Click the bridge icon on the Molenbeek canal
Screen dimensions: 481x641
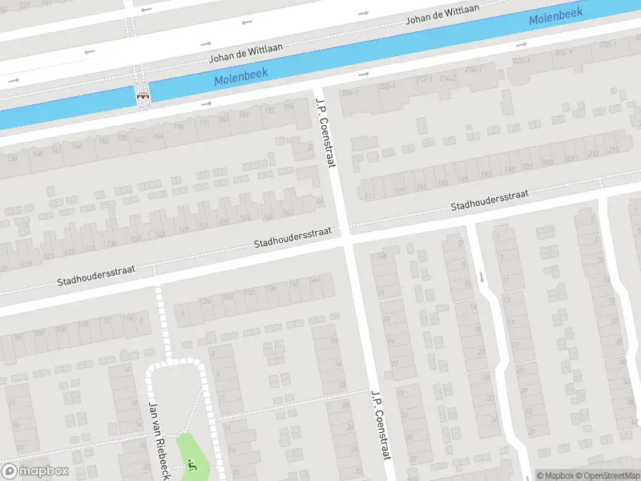(x=143, y=95)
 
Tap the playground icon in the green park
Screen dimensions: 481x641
(x=191, y=463)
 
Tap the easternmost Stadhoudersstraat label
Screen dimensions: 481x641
(x=489, y=200)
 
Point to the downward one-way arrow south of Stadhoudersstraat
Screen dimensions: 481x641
(x=482, y=277)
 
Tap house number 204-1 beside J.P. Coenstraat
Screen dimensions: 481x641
(x=349, y=93)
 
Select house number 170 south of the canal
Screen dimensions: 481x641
(x=179, y=126)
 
